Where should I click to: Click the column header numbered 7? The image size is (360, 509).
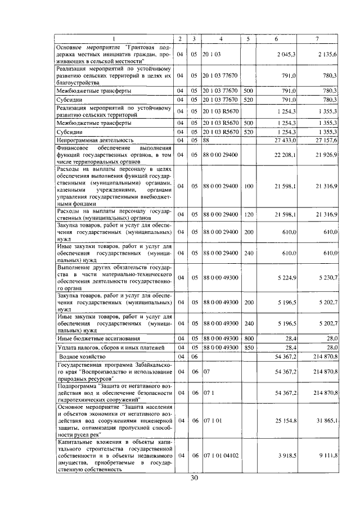point(318,38)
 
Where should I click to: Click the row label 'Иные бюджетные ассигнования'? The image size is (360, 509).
point(95,339)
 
